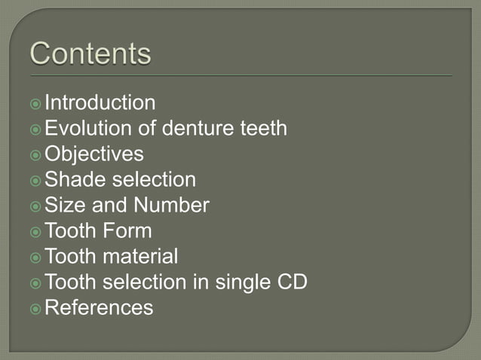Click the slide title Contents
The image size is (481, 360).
(90, 54)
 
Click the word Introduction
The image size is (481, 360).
(100, 102)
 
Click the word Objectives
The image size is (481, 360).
(94, 154)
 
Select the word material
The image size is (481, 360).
(141, 256)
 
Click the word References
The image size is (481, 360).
(99, 307)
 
